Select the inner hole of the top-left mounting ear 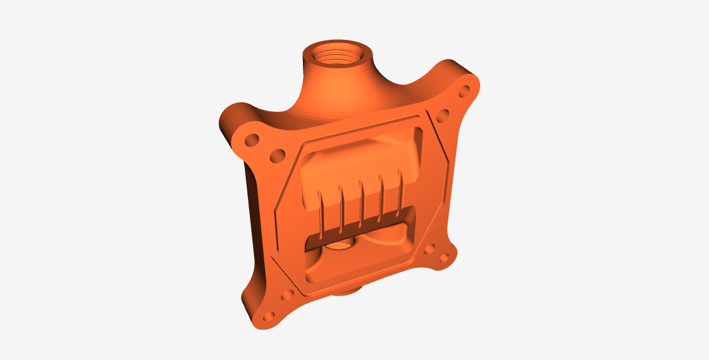[276, 154]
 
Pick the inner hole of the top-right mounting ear [443, 115]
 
